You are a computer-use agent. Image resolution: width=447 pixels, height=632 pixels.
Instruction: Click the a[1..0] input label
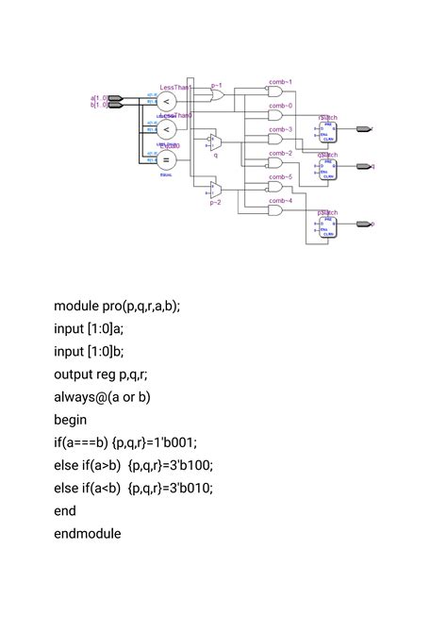pos(98,97)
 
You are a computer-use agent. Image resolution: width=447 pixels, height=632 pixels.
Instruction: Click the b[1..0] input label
pos(98,105)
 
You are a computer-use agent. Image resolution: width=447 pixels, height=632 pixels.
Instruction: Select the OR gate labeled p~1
pos(217,95)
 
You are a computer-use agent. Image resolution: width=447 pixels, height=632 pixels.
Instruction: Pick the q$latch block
pos(327,166)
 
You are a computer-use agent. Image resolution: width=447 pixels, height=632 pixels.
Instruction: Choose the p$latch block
pos(327,225)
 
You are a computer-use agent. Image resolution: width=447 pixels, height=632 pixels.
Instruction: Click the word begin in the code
pos(71,419)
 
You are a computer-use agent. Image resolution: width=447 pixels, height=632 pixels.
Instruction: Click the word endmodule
pos(88,533)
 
